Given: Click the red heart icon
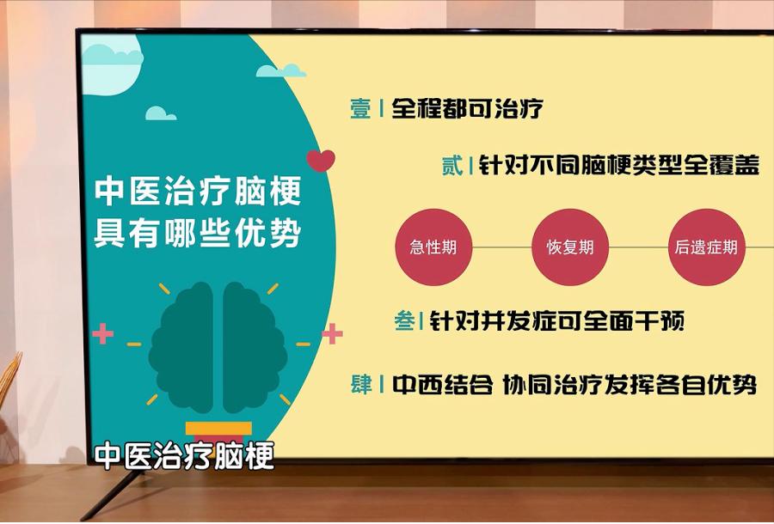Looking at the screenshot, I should pos(321,161).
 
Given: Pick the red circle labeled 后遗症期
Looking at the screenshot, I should pos(706,248).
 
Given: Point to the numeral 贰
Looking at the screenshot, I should pos(452,166).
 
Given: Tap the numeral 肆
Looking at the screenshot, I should pos(361,384).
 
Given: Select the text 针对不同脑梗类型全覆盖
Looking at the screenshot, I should pos(618,166).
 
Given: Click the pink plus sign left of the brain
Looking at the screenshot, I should pos(103,333).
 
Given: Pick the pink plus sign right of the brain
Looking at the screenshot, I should pos(332,333).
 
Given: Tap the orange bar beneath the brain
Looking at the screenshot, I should pos(218,428).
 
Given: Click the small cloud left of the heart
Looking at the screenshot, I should pos(160,113).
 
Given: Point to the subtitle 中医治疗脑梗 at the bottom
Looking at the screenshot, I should pos(184,456).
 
